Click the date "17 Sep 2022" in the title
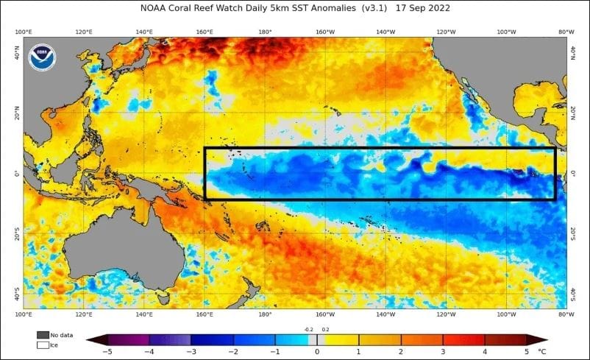[422, 8]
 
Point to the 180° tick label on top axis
[265, 32]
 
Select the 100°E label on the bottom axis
[23, 314]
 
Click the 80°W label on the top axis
[566, 32]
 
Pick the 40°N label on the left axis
[17, 50]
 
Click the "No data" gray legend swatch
[43, 334]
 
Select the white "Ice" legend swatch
[43, 344]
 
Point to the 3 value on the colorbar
[443, 352]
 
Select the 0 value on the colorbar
[317, 352]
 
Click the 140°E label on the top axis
[144, 32]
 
